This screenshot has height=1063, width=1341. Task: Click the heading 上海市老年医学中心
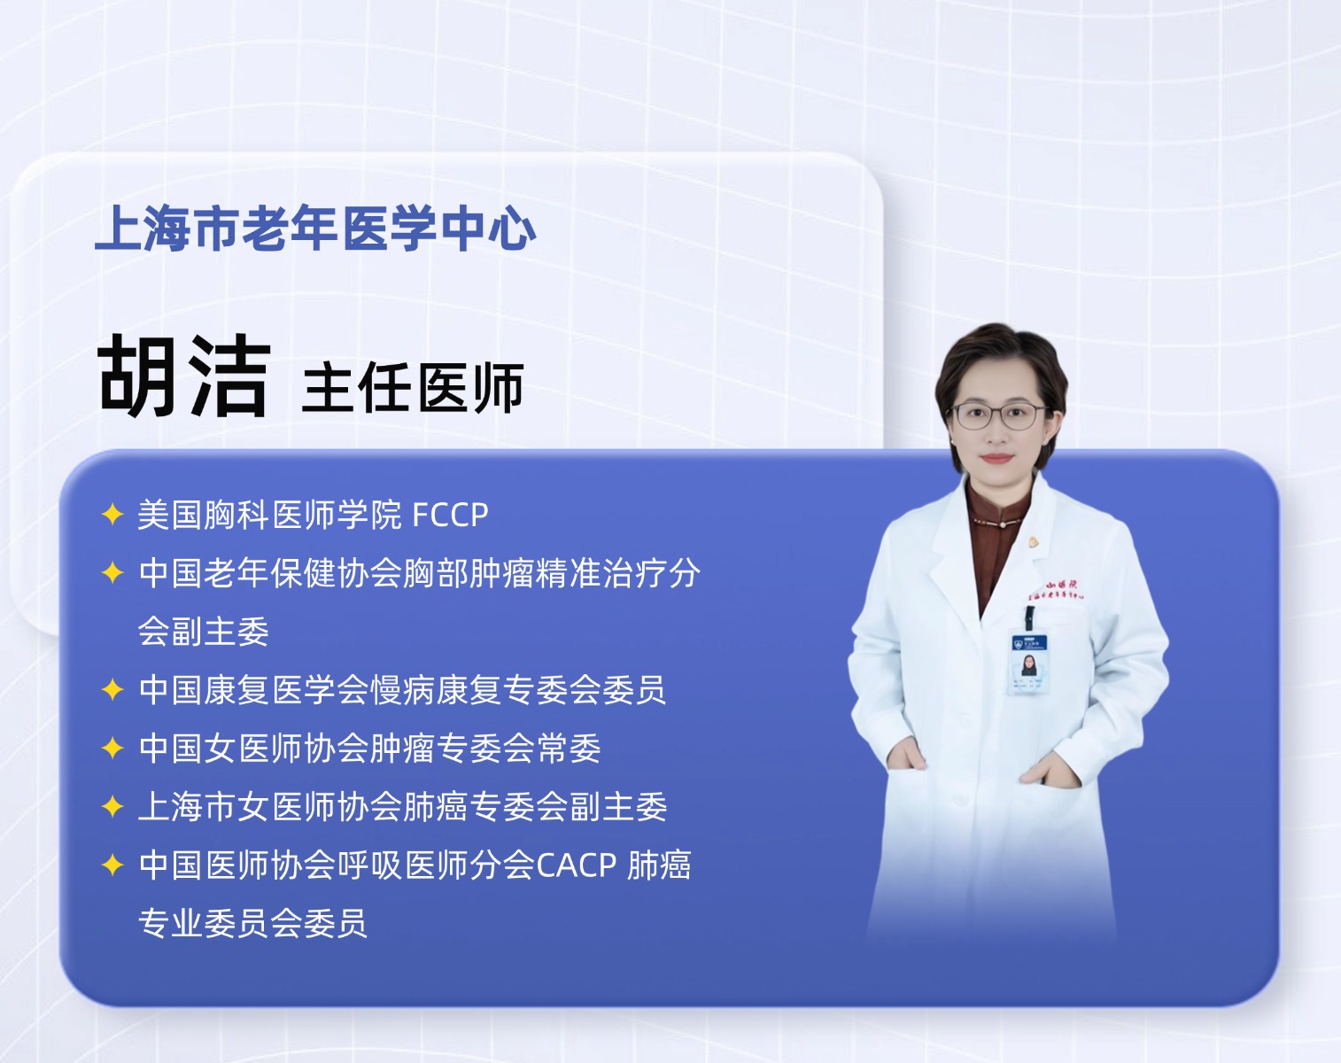point(315,229)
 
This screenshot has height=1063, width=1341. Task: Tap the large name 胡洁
point(184,376)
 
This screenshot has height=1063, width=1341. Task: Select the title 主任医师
point(413,388)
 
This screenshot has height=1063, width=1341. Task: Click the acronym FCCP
point(451,515)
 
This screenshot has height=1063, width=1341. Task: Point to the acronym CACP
point(577,865)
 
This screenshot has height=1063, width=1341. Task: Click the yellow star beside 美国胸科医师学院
point(112,515)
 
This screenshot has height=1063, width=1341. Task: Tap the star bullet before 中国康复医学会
point(112,689)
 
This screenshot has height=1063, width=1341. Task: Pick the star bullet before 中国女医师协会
point(112,749)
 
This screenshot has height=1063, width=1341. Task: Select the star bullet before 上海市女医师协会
point(112,806)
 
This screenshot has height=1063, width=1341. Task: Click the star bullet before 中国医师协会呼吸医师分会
point(112,865)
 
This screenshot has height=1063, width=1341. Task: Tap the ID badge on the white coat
point(1028,663)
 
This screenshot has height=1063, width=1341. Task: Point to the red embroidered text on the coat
point(1058,590)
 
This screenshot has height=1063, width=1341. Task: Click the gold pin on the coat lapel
point(1034,542)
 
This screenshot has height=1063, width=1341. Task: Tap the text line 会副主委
point(203,632)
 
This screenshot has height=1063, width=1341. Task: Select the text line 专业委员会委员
point(252,923)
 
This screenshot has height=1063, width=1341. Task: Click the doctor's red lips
point(997,459)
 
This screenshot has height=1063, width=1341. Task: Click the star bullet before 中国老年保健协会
point(112,573)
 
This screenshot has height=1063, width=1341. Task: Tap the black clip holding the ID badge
point(1029,617)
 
